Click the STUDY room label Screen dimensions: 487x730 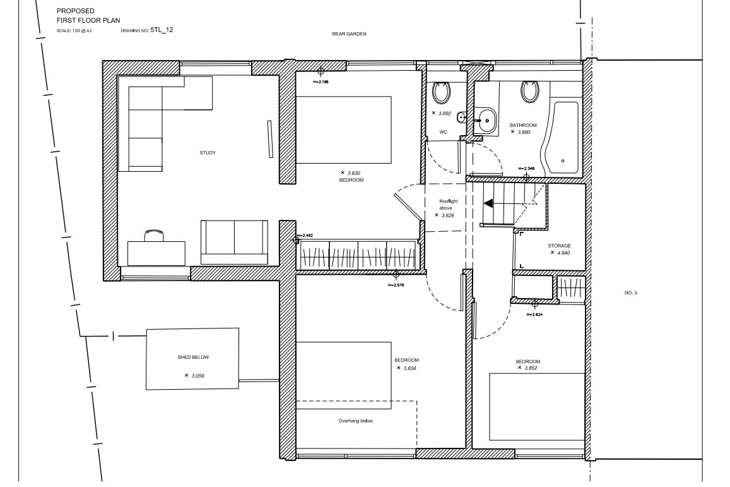[208, 153]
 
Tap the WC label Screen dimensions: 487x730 [443, 132]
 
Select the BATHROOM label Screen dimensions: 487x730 [523, 126]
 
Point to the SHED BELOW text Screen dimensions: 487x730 [193, 357]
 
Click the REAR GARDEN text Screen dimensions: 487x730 [349, 34]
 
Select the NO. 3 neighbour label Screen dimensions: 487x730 [630, 292]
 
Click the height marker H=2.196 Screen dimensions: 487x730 [321, 81]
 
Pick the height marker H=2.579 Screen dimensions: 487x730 [396, 285]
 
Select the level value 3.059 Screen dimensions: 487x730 [198, 376]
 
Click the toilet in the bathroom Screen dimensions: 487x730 [529, 92]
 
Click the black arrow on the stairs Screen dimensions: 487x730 [488, 203]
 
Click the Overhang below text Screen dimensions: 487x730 [356, 421]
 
